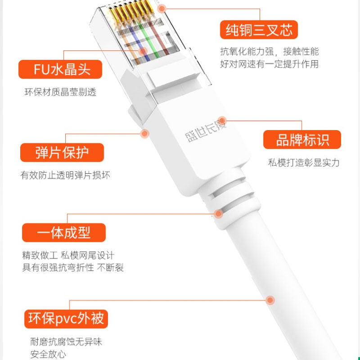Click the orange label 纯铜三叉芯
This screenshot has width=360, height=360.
pos(259,30)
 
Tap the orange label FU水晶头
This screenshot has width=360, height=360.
pos(61,69)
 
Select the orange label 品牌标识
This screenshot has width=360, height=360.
pos(302,139)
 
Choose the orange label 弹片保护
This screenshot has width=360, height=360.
pos(62,153)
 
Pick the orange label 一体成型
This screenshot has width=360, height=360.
pos(63,233)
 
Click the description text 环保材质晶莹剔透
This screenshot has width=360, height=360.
pos(60,92)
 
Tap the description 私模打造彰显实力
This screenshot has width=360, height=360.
pos(304,162)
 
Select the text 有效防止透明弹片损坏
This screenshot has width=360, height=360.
pos(65,175)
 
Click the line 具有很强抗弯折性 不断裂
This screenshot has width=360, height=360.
pos(73,268)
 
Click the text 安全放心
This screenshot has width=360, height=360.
pos(48,354)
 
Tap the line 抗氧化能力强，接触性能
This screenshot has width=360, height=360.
pos(269,51)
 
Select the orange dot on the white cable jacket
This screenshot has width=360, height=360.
pos(270,300)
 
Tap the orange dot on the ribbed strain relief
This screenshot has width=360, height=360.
pos(219,214)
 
